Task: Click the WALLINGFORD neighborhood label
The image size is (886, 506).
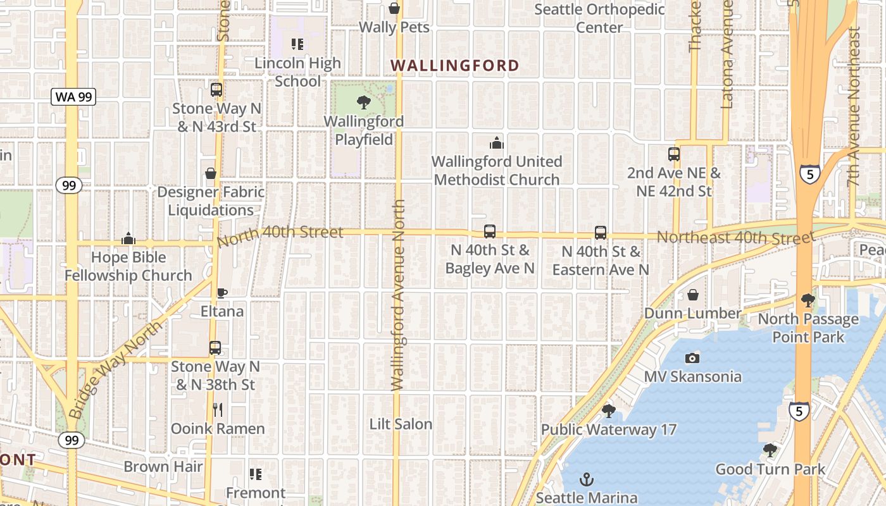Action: [454, 65]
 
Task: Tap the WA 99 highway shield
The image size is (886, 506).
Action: [73, 97]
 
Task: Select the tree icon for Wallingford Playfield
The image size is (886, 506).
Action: [363, 102]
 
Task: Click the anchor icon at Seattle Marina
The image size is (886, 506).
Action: [586, 479]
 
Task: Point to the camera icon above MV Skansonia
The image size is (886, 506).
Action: [692, 358]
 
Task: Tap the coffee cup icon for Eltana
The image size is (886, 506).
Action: [221, 293]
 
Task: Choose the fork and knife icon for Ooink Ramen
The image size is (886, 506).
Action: [218, 410]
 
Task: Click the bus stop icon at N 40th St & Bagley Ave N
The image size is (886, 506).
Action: [489, 231]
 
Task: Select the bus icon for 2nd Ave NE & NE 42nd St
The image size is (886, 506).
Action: [673, 154]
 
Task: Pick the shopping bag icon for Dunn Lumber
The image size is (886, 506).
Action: [692, 295]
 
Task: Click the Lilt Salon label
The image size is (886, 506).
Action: [401, 424]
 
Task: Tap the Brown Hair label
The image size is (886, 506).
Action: [163, 467]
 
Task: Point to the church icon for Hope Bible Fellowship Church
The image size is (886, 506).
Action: [128, 238]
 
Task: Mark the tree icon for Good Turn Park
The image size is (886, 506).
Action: [770, 450]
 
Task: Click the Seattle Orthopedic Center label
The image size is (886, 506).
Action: [599, 18]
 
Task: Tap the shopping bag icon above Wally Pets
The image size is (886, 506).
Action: [394, 8]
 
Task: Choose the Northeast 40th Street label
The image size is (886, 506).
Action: [735, 237]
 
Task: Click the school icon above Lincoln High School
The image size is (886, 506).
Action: [297, 44]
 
